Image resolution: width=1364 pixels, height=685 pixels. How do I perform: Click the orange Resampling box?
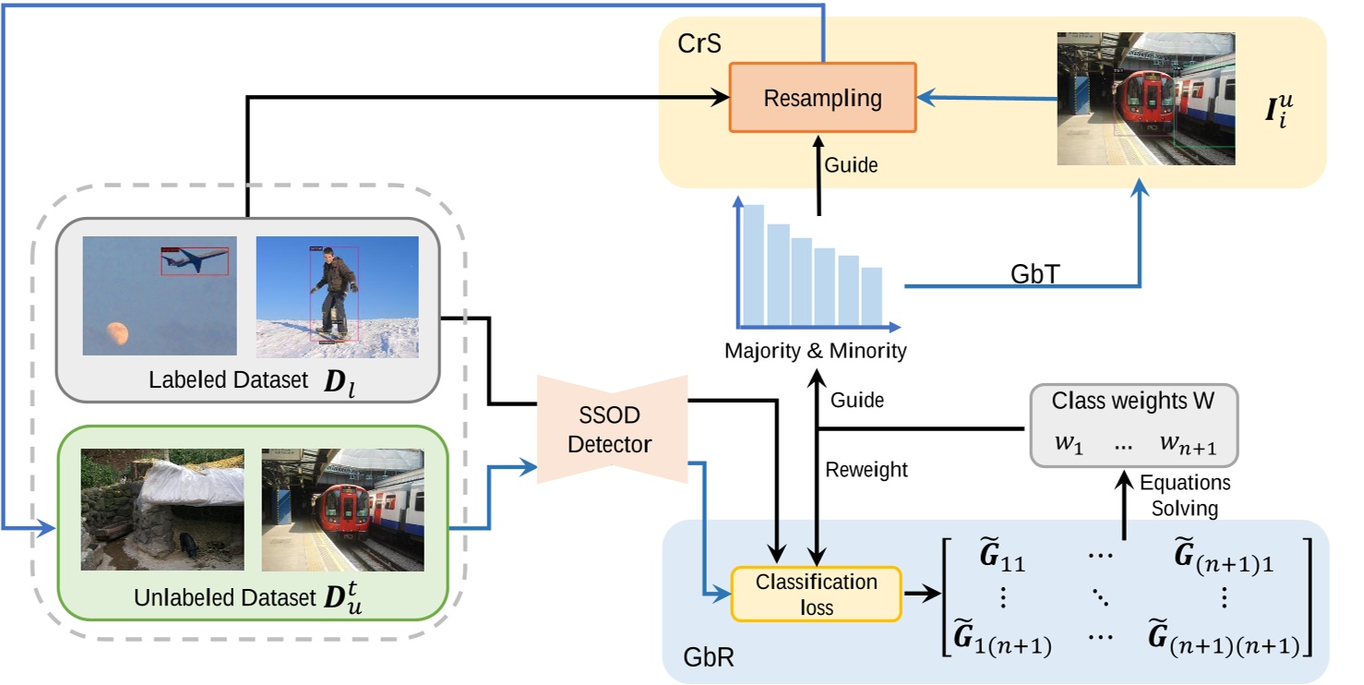[822, 98]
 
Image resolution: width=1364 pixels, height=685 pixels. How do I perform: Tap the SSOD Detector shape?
[609, 429]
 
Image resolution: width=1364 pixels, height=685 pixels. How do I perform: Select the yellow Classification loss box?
[815, 594]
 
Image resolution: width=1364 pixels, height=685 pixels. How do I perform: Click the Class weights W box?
[1133, 426]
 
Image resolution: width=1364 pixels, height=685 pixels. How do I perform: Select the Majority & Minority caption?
[815, 351]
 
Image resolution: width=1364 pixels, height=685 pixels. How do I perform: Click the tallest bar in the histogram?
[754, 265]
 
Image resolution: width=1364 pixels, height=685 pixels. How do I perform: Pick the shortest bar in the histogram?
[870, 295]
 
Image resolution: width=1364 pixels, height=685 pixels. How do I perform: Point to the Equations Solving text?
[1184, 496]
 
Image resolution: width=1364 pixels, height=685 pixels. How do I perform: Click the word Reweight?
[867, 470]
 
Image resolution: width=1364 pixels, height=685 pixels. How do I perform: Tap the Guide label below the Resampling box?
[851, 165]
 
